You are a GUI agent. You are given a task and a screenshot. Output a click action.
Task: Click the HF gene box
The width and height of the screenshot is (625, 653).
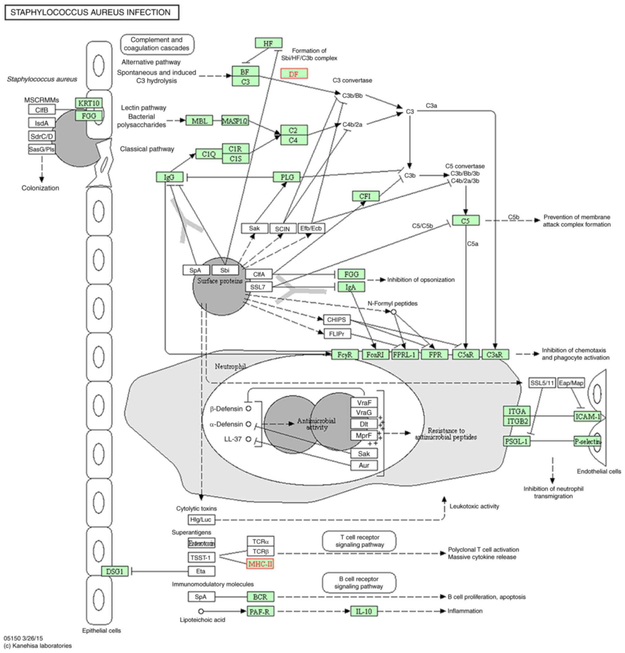tap(269, 43)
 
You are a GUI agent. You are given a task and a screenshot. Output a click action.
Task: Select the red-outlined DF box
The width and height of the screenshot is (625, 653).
tap(294, 74)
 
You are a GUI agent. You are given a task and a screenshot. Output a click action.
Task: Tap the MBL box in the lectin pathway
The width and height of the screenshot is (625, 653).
tap(199, 121)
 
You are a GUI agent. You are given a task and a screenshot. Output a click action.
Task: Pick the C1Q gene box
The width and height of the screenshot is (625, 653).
tap(209, 154)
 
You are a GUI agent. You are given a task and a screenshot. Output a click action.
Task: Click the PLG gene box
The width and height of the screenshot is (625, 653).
tap(287, 177)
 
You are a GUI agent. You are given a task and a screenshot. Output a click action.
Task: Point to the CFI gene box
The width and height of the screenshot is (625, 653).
tap(365, 196)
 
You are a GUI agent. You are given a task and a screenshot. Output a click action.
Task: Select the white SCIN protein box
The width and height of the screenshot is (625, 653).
tap(283, 229)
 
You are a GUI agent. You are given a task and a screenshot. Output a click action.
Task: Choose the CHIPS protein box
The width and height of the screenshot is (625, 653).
tap(337, 320)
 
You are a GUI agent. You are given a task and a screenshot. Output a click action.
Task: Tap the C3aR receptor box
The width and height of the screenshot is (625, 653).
tap(495, 354)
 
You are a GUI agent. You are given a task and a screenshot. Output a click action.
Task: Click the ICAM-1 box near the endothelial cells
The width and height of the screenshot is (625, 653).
tap(587, 416)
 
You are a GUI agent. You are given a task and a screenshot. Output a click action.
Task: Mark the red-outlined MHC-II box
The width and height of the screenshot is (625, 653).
tap(260, 564)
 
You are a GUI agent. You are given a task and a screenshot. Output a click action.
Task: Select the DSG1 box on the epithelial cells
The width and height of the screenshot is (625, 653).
tap(115, 571)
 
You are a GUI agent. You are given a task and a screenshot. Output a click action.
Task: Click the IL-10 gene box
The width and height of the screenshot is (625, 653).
tap(364, 611)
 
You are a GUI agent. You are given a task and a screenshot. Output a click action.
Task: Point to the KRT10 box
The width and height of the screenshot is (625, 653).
tap(89, 103)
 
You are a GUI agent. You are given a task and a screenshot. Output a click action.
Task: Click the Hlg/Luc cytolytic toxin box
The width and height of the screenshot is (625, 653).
tap(201, 520)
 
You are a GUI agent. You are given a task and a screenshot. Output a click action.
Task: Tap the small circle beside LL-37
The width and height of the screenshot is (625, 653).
tap(248, 439)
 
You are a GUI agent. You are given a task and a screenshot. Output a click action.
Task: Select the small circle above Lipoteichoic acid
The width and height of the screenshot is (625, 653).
tap(201, 611)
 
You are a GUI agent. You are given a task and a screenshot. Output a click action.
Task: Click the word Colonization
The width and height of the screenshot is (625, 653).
tap(40, 188)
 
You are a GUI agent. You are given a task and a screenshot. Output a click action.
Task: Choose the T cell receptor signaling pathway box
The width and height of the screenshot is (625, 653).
tap(359, 541)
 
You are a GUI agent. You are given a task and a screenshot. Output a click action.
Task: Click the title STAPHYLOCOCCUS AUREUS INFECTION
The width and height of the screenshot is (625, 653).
tap(91, 12)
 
